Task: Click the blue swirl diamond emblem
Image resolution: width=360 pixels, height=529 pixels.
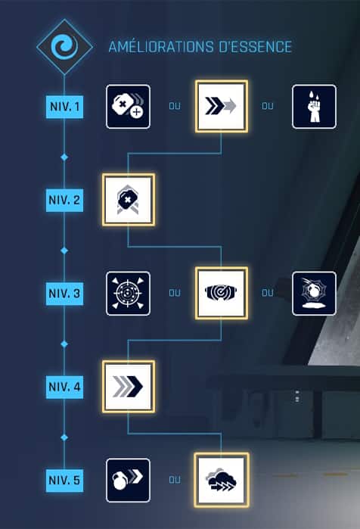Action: [x=64, y=47]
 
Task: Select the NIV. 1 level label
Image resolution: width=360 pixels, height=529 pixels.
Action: [x=64, y=107]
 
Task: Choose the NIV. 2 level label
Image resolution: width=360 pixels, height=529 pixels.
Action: [x=64, y=200]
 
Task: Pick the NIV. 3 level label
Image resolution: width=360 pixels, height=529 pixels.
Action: [x=64, y=294]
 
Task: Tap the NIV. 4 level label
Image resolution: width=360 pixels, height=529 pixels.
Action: [x=64, y=387]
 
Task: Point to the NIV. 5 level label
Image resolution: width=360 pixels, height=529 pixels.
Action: [x=64, y=480]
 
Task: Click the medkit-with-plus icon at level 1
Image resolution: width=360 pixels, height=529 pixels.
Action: [x=128, y=107]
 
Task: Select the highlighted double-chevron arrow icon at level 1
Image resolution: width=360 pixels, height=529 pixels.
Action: [x=222, y=106]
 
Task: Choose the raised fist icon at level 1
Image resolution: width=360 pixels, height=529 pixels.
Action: [x=314, y=107]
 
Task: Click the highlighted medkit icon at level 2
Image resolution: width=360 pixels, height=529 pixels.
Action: [x=129, y=200]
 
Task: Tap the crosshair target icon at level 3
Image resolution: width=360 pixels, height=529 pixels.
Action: [x=128, y=294]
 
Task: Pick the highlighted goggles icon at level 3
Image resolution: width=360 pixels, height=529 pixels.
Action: [x=222, y=293]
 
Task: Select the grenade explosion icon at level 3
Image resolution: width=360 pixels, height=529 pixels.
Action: [x=314, y=294]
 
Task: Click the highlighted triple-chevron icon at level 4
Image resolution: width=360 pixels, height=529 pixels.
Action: [x=129, y=386]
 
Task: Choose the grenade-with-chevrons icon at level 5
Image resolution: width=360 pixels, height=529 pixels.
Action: [x=128, y=480]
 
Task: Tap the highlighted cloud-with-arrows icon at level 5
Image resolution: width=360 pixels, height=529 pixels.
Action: [x=222, y=480]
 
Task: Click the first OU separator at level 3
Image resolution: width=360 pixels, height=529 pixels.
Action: [x=175, y=293]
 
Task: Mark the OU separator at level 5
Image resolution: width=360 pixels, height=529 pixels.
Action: [x=175, y=480]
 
